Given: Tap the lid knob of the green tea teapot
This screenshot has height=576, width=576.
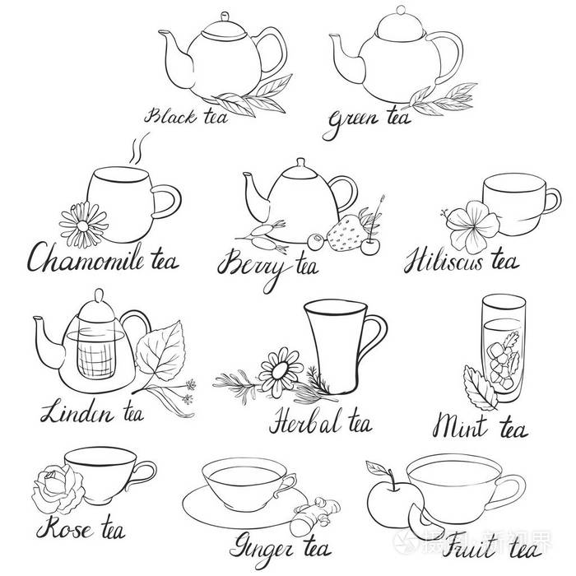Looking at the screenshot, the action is click(x=401, y=10).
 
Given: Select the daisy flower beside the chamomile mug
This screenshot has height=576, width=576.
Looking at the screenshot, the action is click(x=83, y=225).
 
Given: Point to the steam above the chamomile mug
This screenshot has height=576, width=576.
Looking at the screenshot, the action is click(x=138, y=148).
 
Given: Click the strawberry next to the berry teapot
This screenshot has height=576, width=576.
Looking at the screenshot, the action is click(x=346, y=233).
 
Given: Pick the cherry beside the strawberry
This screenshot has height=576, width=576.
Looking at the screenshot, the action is click(x=370, y=247).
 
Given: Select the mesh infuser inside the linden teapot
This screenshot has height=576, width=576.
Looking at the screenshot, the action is click(x=96, y=355).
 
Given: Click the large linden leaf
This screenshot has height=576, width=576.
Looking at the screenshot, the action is click(x=160, y=351).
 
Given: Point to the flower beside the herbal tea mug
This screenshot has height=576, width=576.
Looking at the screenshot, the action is click(x=281, y=372).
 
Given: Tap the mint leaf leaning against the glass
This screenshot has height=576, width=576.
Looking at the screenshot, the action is click(x=479, y=388).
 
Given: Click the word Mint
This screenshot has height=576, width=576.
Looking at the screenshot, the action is click(x=460, y=426).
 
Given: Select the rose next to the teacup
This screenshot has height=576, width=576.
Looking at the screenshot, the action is click(x=58, y=488).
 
